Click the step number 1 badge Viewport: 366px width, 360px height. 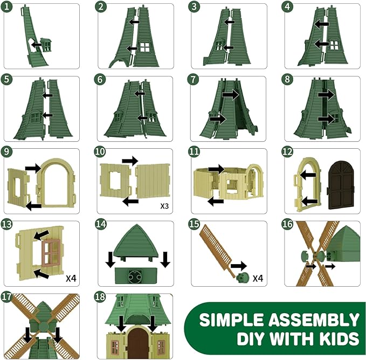7,6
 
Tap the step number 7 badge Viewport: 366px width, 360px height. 193,79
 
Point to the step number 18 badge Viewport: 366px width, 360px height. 100,297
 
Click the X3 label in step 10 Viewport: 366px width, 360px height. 164,206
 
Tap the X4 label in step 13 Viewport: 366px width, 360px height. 71,278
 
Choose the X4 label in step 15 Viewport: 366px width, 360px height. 258,278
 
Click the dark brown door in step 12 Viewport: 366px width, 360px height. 341,185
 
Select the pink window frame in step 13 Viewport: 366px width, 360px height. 51,253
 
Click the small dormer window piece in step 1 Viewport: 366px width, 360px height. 46,44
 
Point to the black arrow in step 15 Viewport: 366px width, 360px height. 239,266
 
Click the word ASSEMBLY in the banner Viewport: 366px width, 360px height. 314,320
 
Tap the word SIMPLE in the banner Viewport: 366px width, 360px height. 231,320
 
